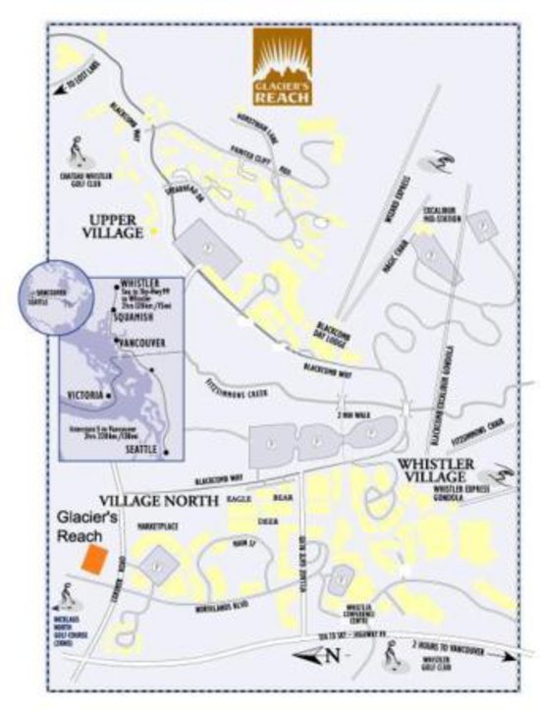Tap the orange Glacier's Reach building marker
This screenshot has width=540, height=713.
[94, 559]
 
